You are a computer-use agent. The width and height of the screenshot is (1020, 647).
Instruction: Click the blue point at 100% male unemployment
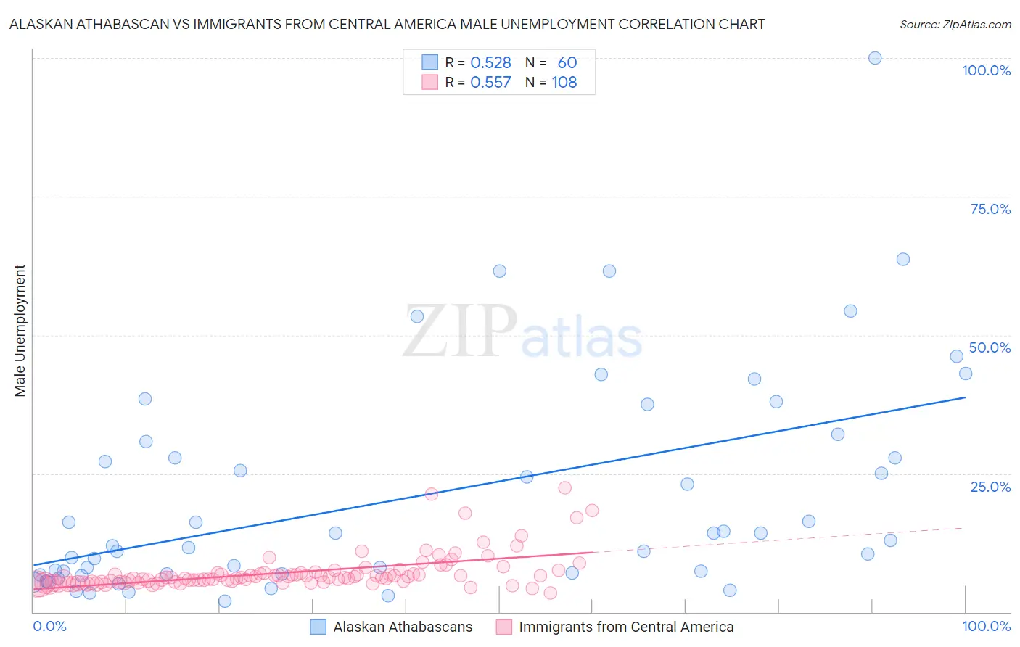(875, 58)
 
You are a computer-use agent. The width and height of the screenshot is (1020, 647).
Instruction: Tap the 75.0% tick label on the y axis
(990, 209)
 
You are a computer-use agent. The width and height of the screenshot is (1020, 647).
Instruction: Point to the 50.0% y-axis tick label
(990, 347)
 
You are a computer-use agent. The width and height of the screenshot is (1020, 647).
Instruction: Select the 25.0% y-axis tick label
(990, 486)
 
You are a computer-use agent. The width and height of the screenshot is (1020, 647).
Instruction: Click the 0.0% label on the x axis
(49, 626)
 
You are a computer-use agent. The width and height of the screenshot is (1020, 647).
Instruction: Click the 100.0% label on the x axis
(986, 626)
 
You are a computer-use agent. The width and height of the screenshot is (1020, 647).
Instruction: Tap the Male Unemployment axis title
(20, 331)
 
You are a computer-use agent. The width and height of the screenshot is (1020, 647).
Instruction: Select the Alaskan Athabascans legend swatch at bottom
(318, 627)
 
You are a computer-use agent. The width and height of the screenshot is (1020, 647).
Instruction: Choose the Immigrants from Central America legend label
(626, 627)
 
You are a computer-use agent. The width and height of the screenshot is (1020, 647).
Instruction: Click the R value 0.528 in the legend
(490, 62)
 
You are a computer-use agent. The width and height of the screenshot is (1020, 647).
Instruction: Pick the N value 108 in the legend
(564, 82)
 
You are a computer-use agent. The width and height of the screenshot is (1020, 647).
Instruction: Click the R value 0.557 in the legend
(490, 82)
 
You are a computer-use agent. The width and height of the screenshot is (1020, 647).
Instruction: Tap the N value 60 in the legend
(567, 62)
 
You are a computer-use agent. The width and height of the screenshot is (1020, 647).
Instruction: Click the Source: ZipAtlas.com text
(955, 25)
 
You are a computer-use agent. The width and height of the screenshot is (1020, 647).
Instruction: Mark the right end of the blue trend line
(965, 397)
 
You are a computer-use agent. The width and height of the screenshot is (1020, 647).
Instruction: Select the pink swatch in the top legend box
(430, 82)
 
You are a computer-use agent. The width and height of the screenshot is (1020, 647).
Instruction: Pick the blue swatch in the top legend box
(430, 62)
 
